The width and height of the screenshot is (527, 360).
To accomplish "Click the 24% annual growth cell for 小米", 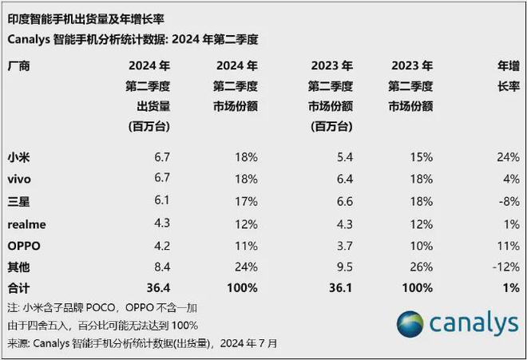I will tap(507, 157).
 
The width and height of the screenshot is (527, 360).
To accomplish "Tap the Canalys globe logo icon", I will tap(411, 325).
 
